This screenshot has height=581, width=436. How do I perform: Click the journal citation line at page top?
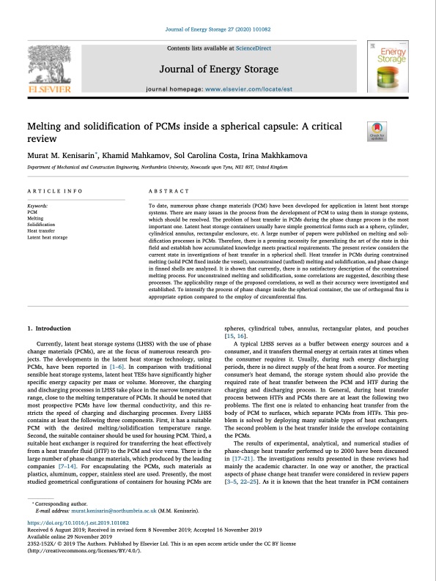[x=218, y=31]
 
